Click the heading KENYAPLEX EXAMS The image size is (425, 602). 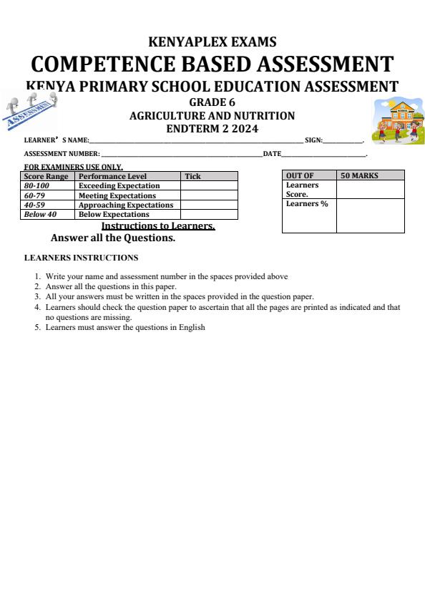[x=212, y=42]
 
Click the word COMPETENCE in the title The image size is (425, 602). [x=101, y=64]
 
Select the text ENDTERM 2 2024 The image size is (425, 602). [x=212, y=129]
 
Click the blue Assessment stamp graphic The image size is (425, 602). [x=31, y=111]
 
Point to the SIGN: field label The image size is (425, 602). [x=313, y=141]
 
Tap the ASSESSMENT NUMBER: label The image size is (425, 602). [x=62, y=154]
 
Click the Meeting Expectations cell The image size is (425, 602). [x=117, y=195]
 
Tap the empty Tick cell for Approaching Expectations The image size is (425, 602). [x=208, y=205]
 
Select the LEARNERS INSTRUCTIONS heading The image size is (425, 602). [x=81, y=258]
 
